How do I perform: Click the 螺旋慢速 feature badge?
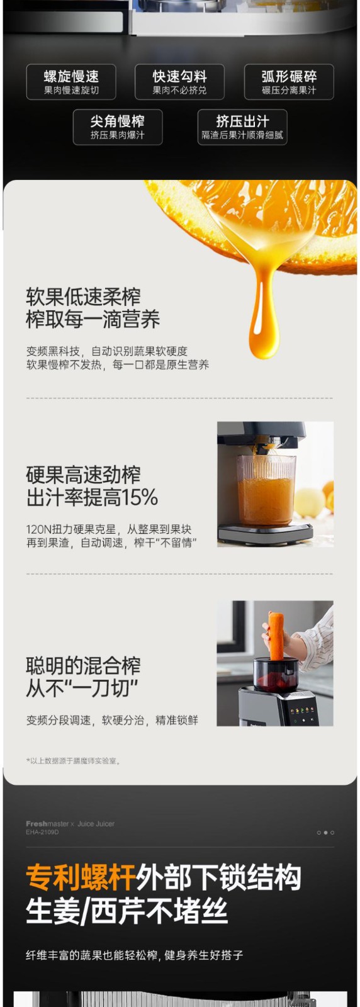[71, 82]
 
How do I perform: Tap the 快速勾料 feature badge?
[179, 82]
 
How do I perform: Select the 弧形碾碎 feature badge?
[289, 82]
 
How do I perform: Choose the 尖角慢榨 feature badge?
[117, 127]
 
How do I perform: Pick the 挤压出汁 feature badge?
[242, 127]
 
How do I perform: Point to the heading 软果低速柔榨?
[83, 296]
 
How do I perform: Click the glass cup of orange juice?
[266, 490]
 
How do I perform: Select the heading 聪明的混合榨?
[83, 666]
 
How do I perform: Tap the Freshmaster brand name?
[47, 824]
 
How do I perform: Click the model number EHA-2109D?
[42, 832]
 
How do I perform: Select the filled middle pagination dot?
[325, 833]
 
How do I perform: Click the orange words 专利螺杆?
[81, 877]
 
